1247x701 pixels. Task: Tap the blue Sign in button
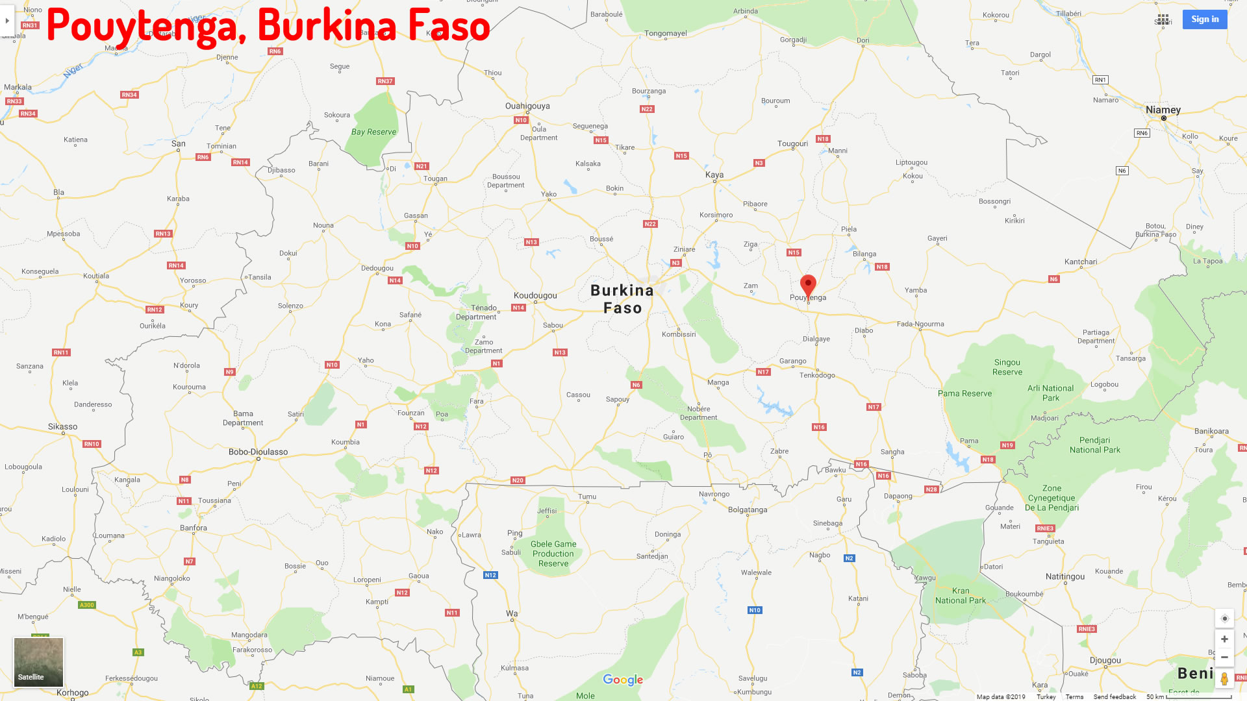(1205, 19)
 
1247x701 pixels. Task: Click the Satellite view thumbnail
(39, 662)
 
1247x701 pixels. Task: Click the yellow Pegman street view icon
(1224, 679)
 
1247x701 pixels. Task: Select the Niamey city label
(1163, 110)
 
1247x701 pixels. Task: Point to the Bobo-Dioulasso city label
(258, 452)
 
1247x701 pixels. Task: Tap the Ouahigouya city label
(527, 106)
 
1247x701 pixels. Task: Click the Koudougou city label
(535, 295)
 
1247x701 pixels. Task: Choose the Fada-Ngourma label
(920, 324)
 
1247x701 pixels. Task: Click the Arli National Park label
(1050, 393)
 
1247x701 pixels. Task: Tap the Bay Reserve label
(373, 132)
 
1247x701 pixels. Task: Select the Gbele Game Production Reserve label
(553, 554)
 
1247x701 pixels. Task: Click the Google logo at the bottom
(623, 680)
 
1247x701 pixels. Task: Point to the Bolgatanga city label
(748, 510)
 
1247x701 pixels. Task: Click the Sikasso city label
(62, 426)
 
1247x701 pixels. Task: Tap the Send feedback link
(1115, 696)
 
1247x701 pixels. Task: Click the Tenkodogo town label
(817, 375)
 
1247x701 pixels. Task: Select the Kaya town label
(714, 175)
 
